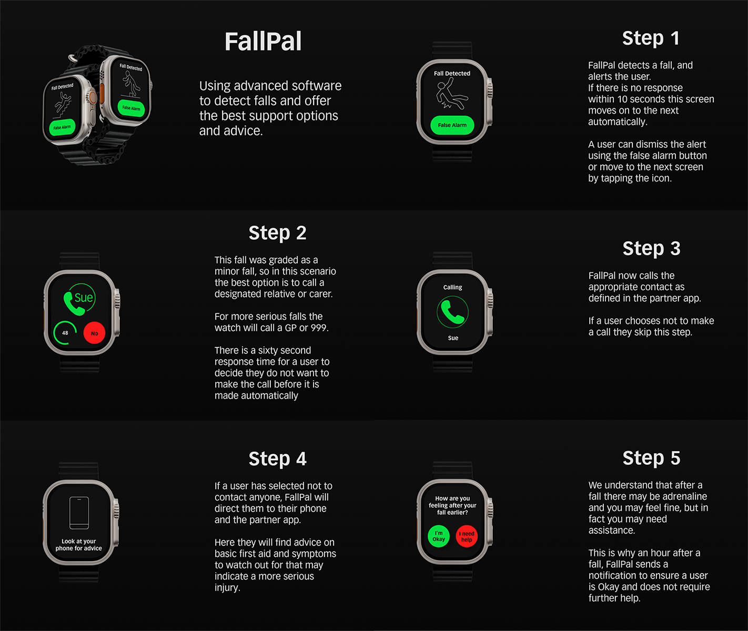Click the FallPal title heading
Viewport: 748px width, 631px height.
tap(263, 42)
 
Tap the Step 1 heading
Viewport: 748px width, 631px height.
tap(651, 38)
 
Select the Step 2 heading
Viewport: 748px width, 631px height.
tap(277, 232)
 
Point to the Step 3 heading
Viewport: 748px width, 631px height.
tap(651, 248)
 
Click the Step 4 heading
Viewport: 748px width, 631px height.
tap(277, 459)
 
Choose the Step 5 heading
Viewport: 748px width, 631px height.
tap(651, 458)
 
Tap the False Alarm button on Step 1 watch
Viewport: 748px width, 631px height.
tap(452, 125)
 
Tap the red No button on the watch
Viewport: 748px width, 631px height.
tap(95, 333)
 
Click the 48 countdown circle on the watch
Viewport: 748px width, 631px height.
tap(65, 333)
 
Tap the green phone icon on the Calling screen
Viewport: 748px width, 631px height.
tap(452, 312)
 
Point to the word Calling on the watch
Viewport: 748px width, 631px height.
tap(452, 288)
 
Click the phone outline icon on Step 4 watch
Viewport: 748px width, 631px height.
tap(79, 513)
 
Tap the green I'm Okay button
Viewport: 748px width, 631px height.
tap(439, 536)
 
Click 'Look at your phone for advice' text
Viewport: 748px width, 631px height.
tap(79, 545)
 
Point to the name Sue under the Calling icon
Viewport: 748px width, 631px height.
tap(453, 338)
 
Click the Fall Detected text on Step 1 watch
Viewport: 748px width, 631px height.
tap(452, 74)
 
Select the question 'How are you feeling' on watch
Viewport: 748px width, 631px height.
tap(452, 505)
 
